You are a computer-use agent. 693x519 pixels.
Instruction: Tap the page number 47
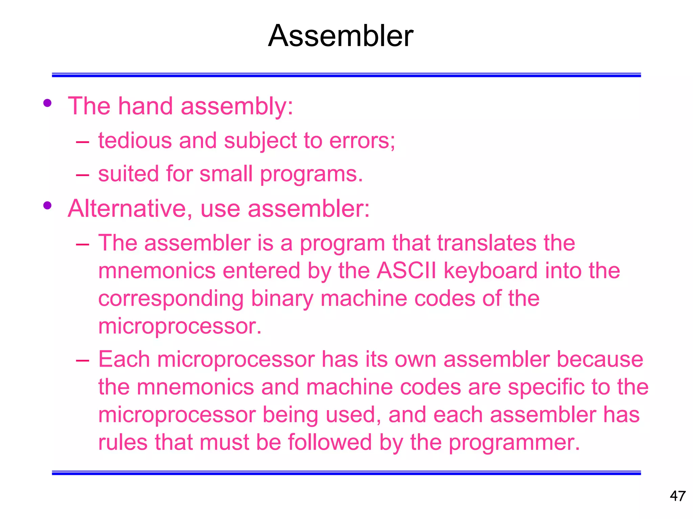point(677,496)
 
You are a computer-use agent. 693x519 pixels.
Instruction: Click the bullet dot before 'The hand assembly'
point(47,103)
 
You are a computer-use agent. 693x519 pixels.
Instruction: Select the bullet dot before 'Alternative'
point(47,205)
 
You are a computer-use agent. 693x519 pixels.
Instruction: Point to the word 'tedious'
point(135,140)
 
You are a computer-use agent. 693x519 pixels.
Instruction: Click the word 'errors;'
point(362,140)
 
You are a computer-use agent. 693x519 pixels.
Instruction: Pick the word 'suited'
point(129,174)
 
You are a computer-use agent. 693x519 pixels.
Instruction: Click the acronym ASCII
point(406,271)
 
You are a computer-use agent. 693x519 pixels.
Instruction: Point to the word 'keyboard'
point(491,271)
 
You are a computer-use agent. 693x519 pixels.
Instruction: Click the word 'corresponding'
point(171,299)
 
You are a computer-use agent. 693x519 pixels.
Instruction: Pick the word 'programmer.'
point(514,443)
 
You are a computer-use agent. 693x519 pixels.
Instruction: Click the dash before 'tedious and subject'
point(83,142)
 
